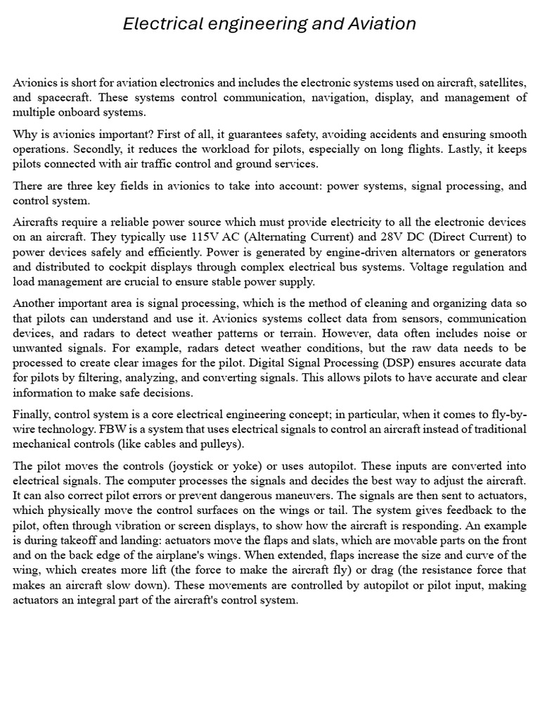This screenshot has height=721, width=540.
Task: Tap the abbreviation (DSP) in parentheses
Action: (399, 363)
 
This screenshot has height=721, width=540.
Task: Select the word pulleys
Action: (219, 444)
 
